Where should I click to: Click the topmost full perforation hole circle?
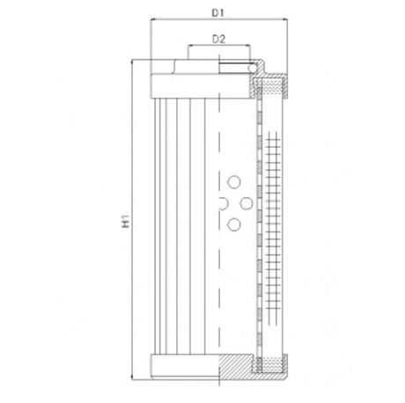[x=234, y=182]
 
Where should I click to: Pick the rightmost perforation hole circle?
[x=247, y=204]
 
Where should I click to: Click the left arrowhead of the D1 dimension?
[x=155, y=21]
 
